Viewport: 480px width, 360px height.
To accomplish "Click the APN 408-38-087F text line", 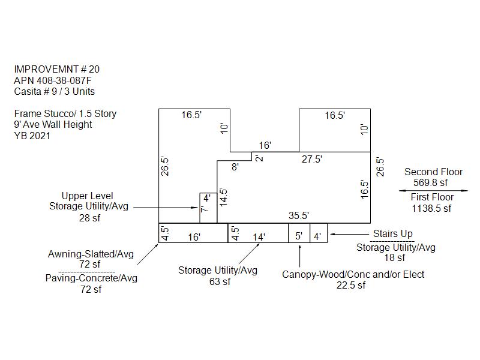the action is [53, 80].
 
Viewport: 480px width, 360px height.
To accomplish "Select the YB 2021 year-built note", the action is [32, 136].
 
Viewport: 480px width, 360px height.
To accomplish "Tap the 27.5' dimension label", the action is [311, 159].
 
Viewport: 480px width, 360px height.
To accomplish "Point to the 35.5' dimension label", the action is [298, 215].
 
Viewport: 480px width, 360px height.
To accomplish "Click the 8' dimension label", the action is [235, 167].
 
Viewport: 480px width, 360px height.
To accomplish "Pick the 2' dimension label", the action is [259, 158].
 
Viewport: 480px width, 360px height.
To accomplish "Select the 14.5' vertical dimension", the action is [223, 197].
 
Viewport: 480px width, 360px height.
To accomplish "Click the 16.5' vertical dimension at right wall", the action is [364, 189].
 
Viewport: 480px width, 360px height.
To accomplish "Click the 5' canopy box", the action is [299, 233].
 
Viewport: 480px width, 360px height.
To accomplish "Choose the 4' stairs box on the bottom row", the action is [319, 233].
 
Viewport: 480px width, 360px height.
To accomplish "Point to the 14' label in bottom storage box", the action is [259, 237].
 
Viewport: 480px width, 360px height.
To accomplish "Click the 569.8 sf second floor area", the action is [430, 182].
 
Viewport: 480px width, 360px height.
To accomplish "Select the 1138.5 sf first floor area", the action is [431, 208].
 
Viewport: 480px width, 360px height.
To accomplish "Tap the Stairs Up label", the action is [393, 233].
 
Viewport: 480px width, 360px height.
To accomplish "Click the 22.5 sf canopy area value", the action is [351, 286].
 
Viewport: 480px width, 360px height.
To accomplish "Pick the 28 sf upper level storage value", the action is [89, 218].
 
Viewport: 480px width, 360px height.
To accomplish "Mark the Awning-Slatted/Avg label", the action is [91, 254].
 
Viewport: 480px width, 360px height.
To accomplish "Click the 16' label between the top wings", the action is [265, 145].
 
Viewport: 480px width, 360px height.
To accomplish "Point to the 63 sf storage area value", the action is [220, 281].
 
